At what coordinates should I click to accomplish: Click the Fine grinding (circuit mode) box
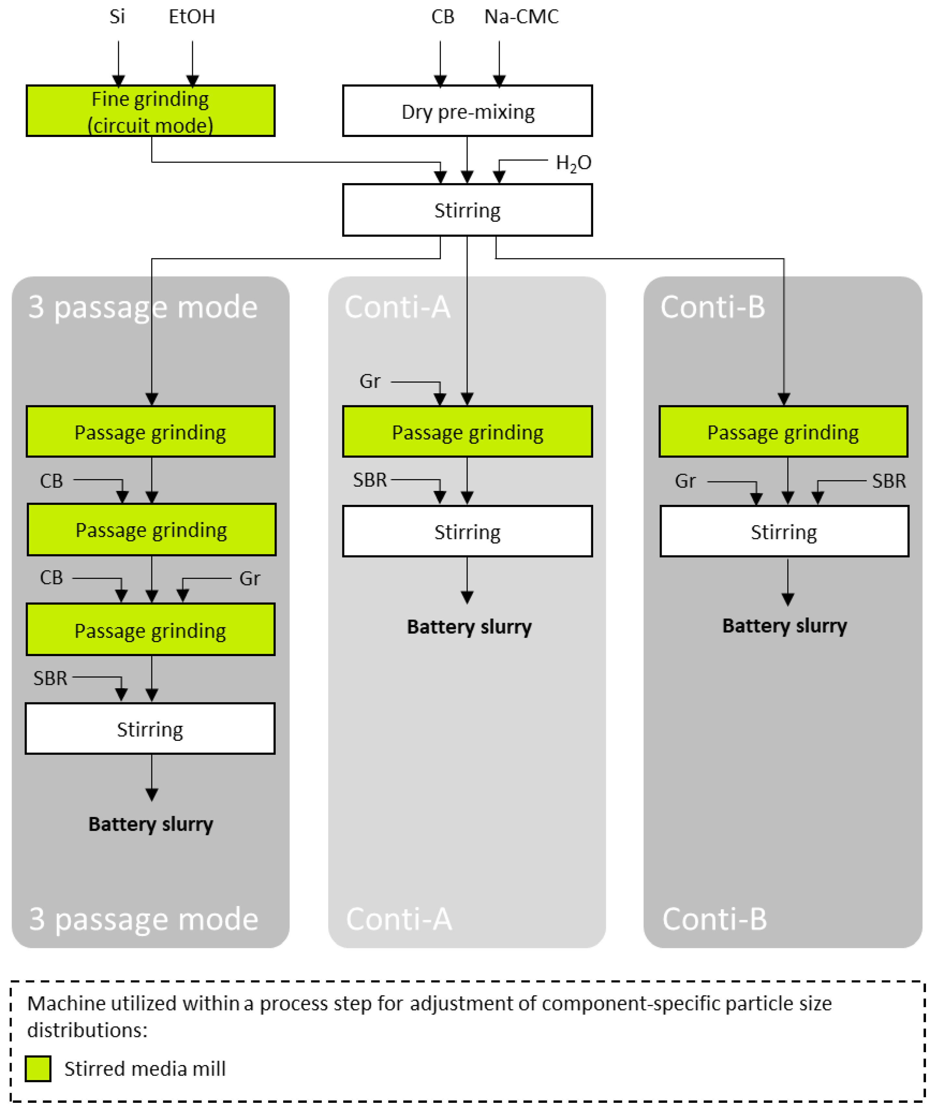click(150, 111)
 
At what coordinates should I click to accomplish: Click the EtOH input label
click(192, 17)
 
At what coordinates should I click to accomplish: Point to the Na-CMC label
click(521, 17)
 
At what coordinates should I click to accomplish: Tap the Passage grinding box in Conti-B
click(783, 432)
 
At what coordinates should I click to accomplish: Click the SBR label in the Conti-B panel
click(889, 480)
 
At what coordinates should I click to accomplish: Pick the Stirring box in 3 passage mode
click(150, 728)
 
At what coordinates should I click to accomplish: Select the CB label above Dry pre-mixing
click(443, 17)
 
